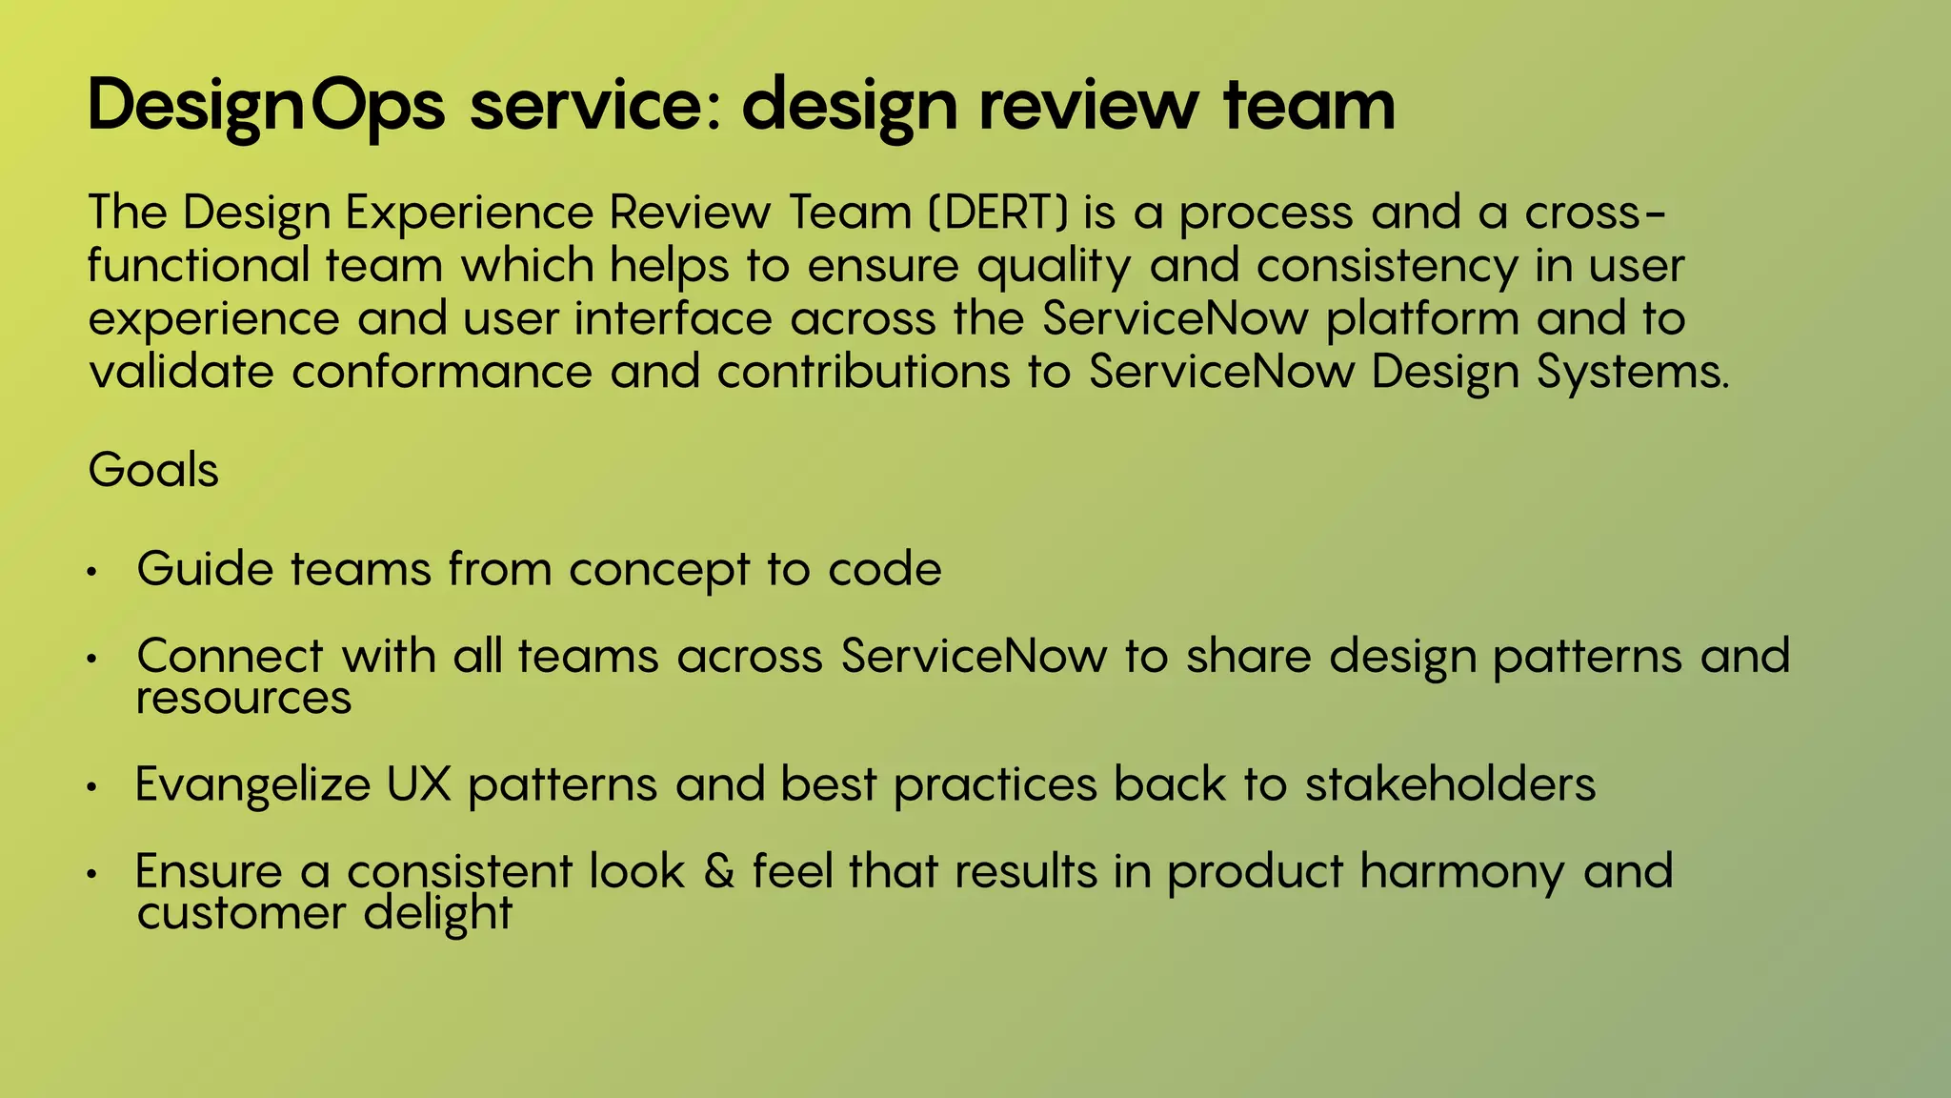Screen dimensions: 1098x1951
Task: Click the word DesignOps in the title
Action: tap(266, 106)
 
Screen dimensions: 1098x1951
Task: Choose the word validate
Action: tap(181, 372)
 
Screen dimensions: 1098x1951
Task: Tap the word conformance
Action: tap(442, 372)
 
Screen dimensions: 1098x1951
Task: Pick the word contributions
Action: tap(863, 372)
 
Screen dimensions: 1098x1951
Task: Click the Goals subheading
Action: tap(153, 470)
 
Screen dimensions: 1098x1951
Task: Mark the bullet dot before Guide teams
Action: tap(91, 573)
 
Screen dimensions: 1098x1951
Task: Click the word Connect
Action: tap(231, 656)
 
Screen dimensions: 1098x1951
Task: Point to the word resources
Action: tap(244, 699)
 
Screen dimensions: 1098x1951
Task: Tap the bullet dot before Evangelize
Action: tap(91, 788)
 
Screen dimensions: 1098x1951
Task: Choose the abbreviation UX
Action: tap(418, 784)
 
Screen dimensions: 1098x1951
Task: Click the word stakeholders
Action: tap(1450, 784)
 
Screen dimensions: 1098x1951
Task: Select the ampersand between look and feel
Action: tap(719, 871)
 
